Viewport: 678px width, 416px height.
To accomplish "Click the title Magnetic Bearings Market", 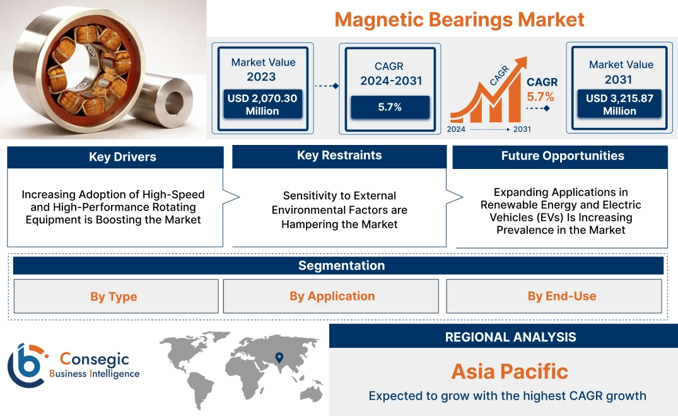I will pos(459,19).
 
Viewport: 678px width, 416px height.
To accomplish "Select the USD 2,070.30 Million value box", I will pos(262,105).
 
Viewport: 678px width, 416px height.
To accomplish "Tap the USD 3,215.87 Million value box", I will pos(619,105).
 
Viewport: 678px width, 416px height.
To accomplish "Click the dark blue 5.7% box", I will pos(390,107).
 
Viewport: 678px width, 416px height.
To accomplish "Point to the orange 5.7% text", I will pos(540,96).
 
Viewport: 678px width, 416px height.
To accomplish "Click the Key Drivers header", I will pos(115,157).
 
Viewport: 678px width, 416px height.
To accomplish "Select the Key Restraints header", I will pos(339,156).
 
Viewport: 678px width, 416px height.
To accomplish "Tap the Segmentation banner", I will pos(339,265).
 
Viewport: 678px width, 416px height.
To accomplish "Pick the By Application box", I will pos(331,296).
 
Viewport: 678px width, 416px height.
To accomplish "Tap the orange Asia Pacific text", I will pos(510,371).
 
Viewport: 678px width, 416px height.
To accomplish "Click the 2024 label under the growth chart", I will pos(457,129).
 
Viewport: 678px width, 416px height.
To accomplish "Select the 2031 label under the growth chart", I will pos(522,129).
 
